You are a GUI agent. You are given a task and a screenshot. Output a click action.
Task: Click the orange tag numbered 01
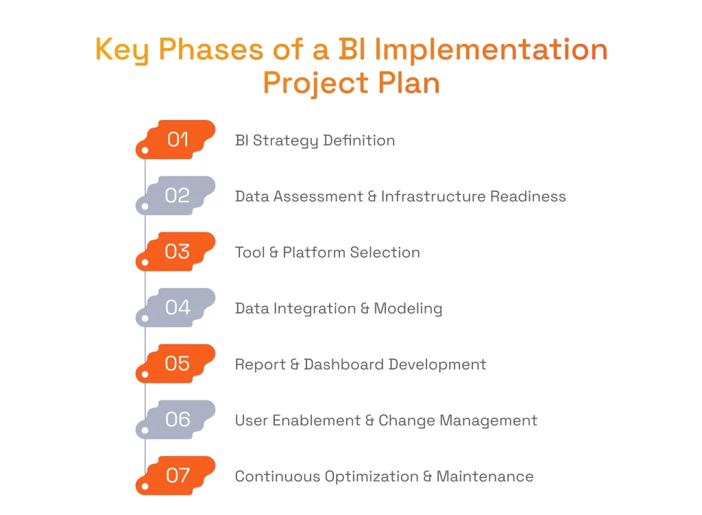[x=177, y=140]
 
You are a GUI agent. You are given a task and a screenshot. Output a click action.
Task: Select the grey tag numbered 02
[x=177, y=196]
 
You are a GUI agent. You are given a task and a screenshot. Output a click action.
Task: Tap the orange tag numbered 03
[x=177, y=252]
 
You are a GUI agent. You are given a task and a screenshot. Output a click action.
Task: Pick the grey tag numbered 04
[x=177, y=308]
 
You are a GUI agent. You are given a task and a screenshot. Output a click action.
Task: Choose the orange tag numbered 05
[x=177, y=363]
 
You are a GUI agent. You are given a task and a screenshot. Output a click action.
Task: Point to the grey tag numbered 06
[x=177, y=420]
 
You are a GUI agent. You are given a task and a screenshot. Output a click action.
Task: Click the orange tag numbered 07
[x=177, y=476]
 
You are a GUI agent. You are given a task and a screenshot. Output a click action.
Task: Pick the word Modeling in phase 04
[x=408, y=309]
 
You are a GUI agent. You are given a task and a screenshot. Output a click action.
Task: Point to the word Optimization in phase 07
[x=374, y=477]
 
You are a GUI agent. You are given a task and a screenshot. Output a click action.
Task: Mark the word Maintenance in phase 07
[x=485, y=476]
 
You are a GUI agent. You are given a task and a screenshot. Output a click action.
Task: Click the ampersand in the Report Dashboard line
[x=295, y=364]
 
